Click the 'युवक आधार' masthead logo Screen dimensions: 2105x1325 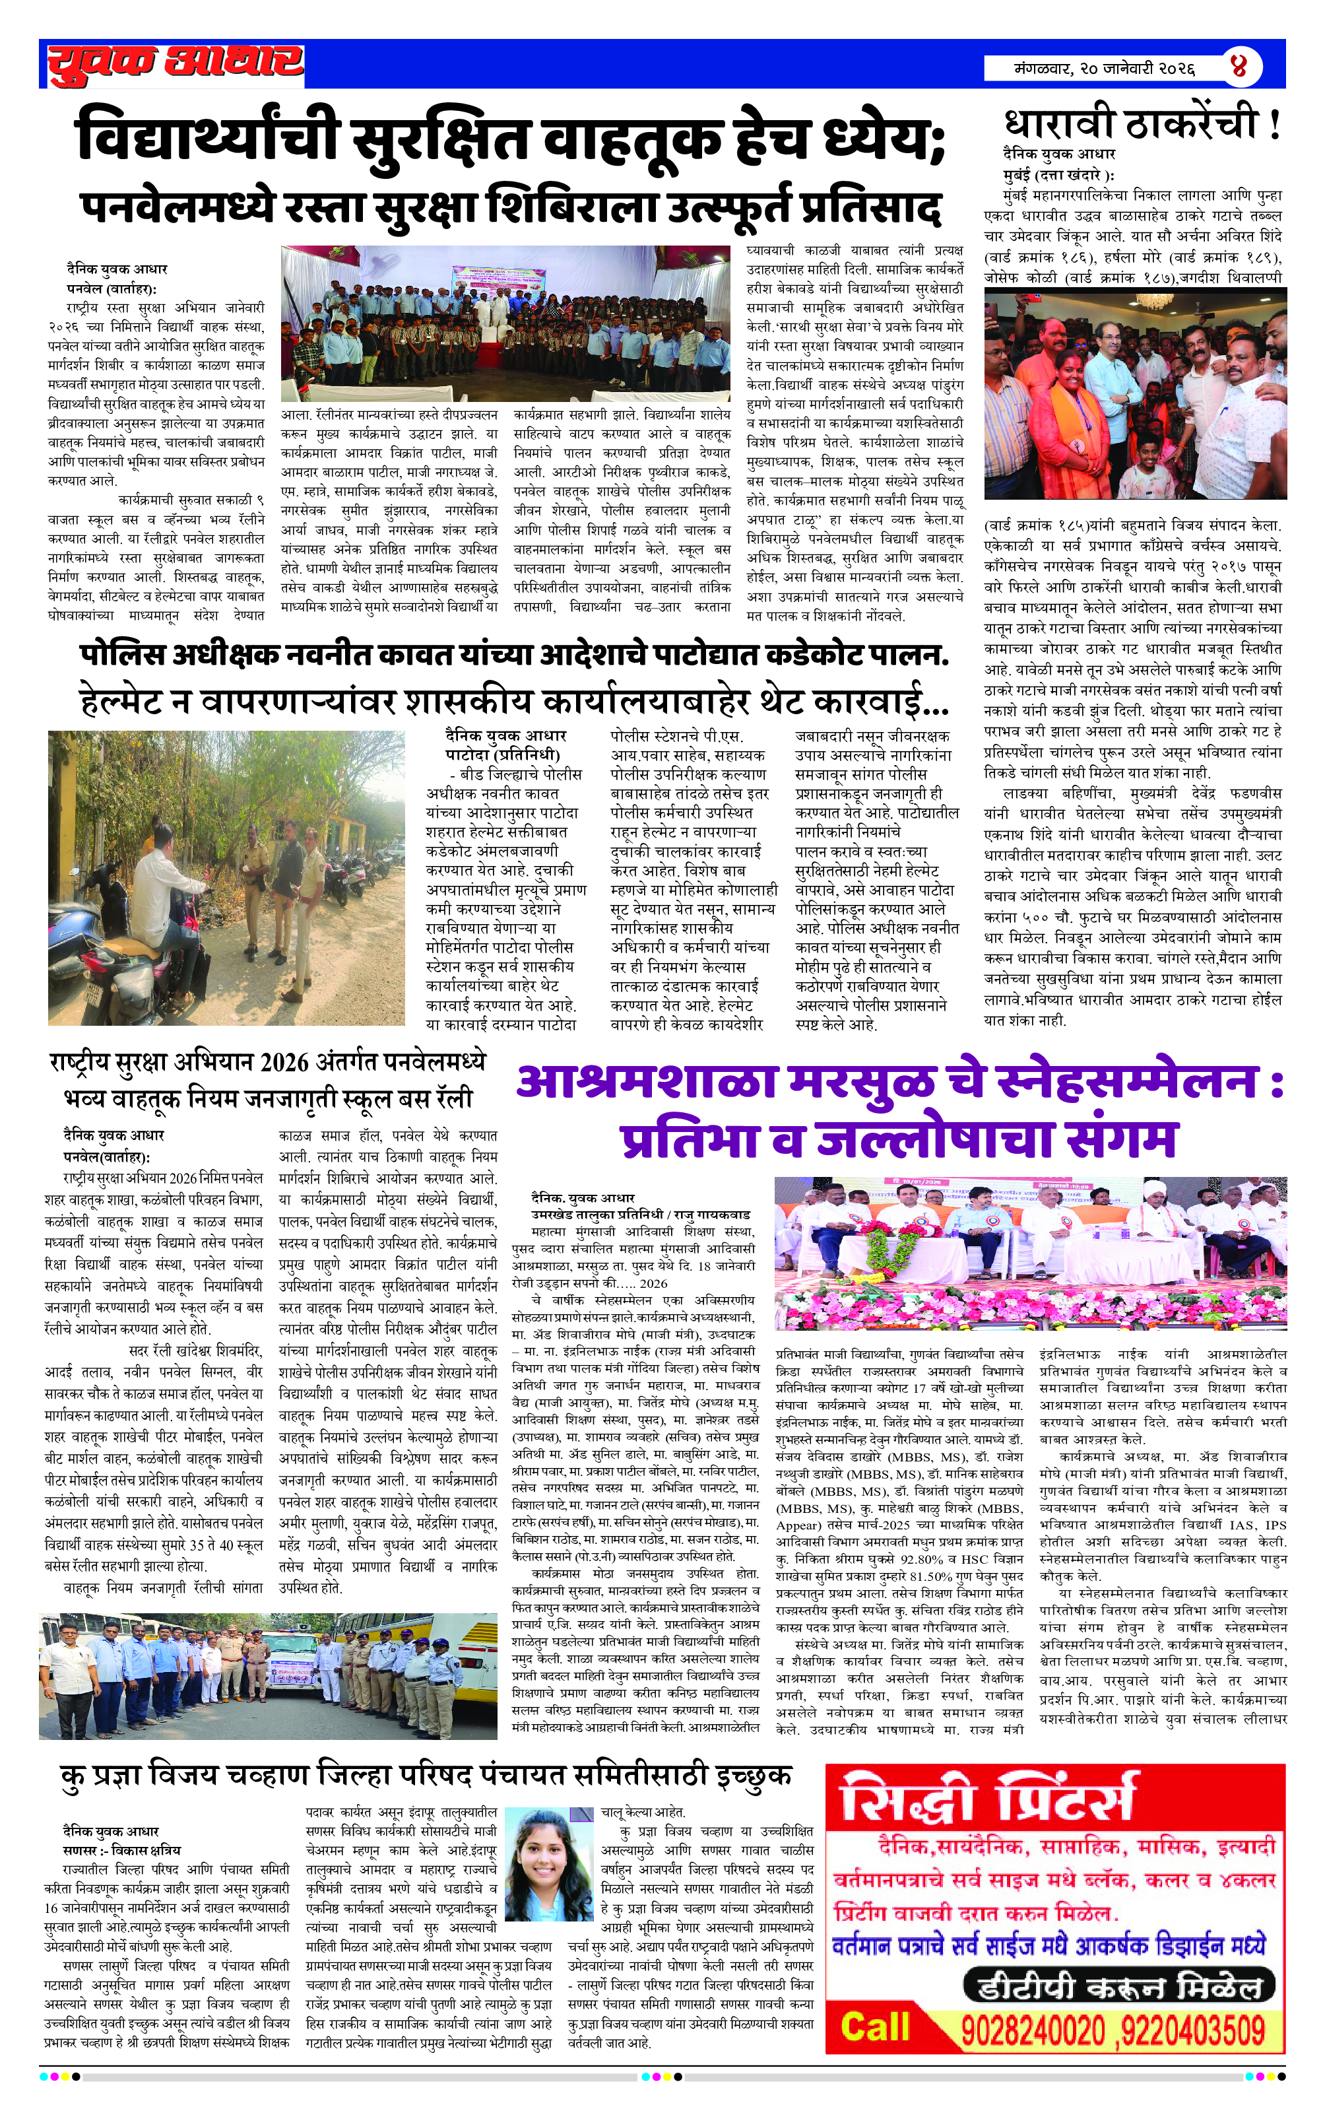(x=175, y=64)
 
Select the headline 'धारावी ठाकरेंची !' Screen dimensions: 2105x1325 (x=1142, y=125)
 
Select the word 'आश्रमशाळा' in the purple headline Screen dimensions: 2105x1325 (x=647, y=1081)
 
